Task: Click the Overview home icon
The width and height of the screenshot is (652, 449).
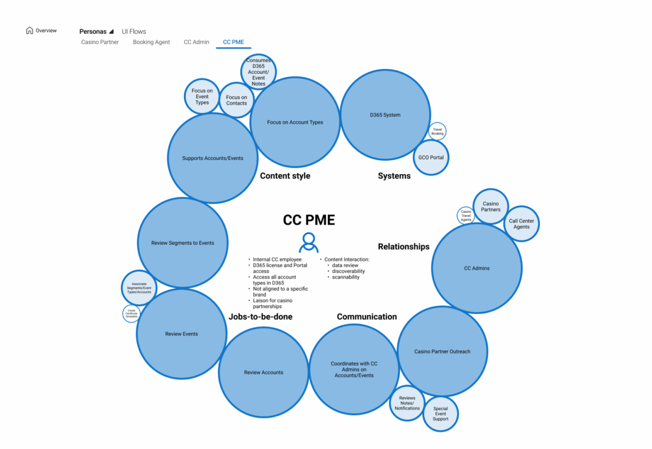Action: coord(29,30)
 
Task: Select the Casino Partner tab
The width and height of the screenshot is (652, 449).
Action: coord(100,42)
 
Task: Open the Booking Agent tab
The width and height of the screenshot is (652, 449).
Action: coord(151,42)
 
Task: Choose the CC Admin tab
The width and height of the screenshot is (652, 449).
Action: coord(196,42)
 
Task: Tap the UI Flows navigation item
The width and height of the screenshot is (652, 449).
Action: coord(134,31)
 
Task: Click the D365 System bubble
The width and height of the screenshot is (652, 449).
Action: coord(385,115)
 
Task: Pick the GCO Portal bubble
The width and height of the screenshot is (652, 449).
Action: coord(431,157)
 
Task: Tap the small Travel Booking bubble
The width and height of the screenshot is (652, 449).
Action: coord(437,132)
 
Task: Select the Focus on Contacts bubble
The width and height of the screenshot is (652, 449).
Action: coord(236,100)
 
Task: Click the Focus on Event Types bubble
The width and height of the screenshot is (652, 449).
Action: coord(202,96)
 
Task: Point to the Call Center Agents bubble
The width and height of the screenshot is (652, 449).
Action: coord(521,223)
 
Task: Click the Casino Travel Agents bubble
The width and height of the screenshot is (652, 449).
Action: coord(465,215)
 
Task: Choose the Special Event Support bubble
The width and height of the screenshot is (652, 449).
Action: coord(440,413)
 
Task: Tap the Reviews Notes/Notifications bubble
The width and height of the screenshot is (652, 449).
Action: coord(407,403)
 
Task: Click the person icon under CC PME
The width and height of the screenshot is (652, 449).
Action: coord(309,242)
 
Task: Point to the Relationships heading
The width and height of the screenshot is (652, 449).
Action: coord(404,246)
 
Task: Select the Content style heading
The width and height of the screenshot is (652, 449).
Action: coord(285,175)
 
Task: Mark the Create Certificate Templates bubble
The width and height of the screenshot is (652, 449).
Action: coord(130,313)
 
